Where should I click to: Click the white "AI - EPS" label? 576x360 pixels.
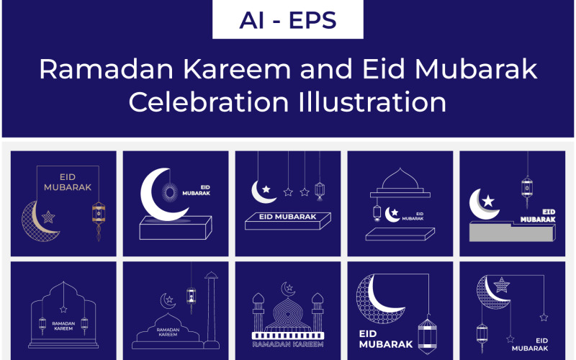point(287,19)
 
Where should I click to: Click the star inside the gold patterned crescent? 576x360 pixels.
point(49,216)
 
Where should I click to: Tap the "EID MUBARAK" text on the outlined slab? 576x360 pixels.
point(287,216)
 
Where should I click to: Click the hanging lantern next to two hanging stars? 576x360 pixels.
point(320,190)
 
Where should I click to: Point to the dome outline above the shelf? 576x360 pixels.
point(403,179)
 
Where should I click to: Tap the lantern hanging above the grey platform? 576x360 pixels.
point(526,189)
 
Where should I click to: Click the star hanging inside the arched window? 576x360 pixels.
point(63,310)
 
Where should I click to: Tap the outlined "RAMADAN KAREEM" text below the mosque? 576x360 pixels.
point(287,344)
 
